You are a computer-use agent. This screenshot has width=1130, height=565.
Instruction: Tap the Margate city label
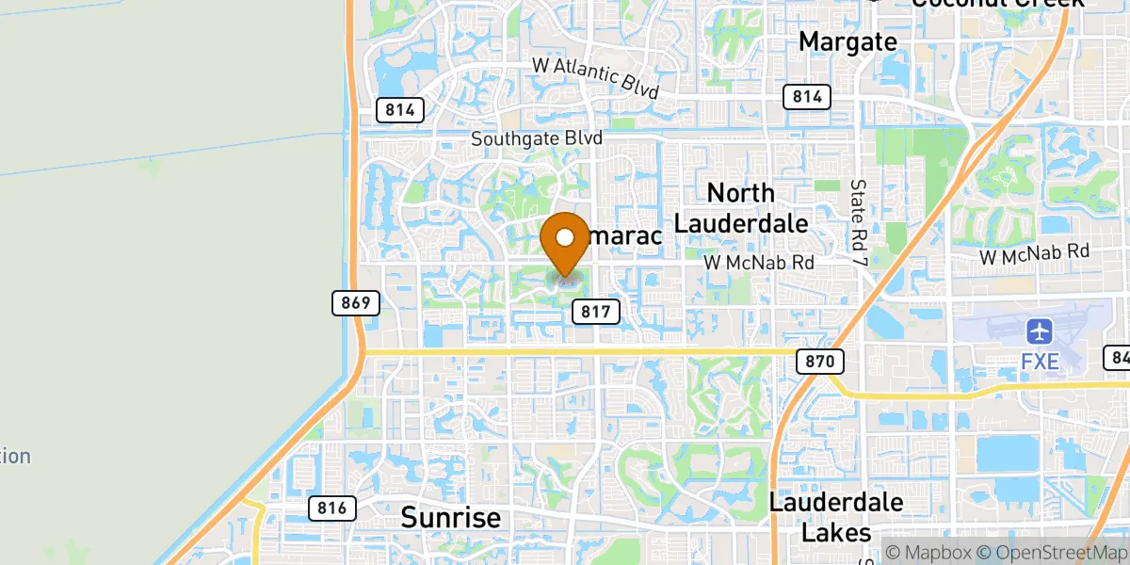847,41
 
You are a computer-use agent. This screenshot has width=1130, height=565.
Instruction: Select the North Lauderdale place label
741,208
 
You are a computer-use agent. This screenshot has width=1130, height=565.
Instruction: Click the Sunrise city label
450,517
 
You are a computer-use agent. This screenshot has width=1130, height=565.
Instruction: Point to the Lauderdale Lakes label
836,517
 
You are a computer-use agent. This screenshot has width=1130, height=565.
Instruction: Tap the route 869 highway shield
356,302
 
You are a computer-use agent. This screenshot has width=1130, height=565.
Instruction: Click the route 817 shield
595,311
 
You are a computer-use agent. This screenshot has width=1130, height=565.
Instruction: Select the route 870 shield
819,361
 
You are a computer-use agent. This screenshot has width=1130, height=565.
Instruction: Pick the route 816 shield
331,508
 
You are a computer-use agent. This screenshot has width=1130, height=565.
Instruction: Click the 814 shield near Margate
806,96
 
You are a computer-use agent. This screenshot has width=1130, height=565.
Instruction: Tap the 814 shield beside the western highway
399,109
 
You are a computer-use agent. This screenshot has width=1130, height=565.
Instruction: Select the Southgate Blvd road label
537,138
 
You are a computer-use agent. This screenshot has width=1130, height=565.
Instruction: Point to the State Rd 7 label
858,221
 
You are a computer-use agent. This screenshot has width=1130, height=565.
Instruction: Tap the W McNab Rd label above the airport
1034,252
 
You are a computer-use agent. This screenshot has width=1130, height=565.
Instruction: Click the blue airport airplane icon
1040,331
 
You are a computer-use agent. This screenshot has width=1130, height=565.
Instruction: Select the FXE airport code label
1040,362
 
